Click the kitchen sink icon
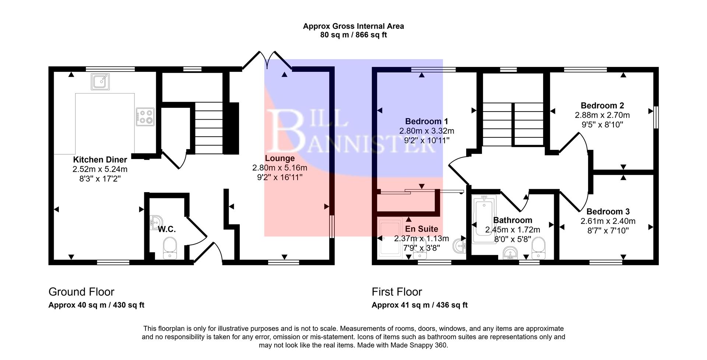(x=100, y=82)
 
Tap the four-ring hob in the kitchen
(x=145, y=116)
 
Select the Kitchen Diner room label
(x=100, y=160)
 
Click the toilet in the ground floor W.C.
(x=170, y=247)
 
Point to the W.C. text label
(x=166, y=229)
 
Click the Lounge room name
(x=280, y=158)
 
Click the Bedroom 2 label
(x=602, y=106)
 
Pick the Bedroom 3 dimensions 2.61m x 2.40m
(x=608, y=221)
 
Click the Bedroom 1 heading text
(x=426, y=121)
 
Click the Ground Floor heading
(x=81, y=292)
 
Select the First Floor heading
(x=397, y=292)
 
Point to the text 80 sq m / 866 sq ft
(x=353, y=35)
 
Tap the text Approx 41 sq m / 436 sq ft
(x=419, y=305)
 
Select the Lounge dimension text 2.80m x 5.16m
(x=279, y=168)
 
